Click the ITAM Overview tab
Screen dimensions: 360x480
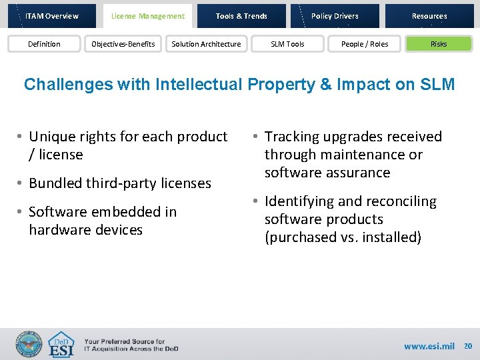[52, 16]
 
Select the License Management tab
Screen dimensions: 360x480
[147, 16]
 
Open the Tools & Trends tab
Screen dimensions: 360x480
[241, 16]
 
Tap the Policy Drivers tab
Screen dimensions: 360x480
[335, 16]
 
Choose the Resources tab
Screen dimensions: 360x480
[429, 16]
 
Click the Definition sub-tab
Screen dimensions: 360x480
[44, 44]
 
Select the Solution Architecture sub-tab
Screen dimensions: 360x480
[206, 44]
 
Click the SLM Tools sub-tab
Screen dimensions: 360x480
[287, 44]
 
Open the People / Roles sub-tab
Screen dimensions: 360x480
[364, 44]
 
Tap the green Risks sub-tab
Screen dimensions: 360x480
[439, 44]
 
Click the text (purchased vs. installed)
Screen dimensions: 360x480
[343, 237]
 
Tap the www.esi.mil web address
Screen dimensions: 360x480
[429, 346]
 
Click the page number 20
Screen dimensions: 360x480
[467, 346]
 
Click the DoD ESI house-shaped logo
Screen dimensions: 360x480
[62, 345]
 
